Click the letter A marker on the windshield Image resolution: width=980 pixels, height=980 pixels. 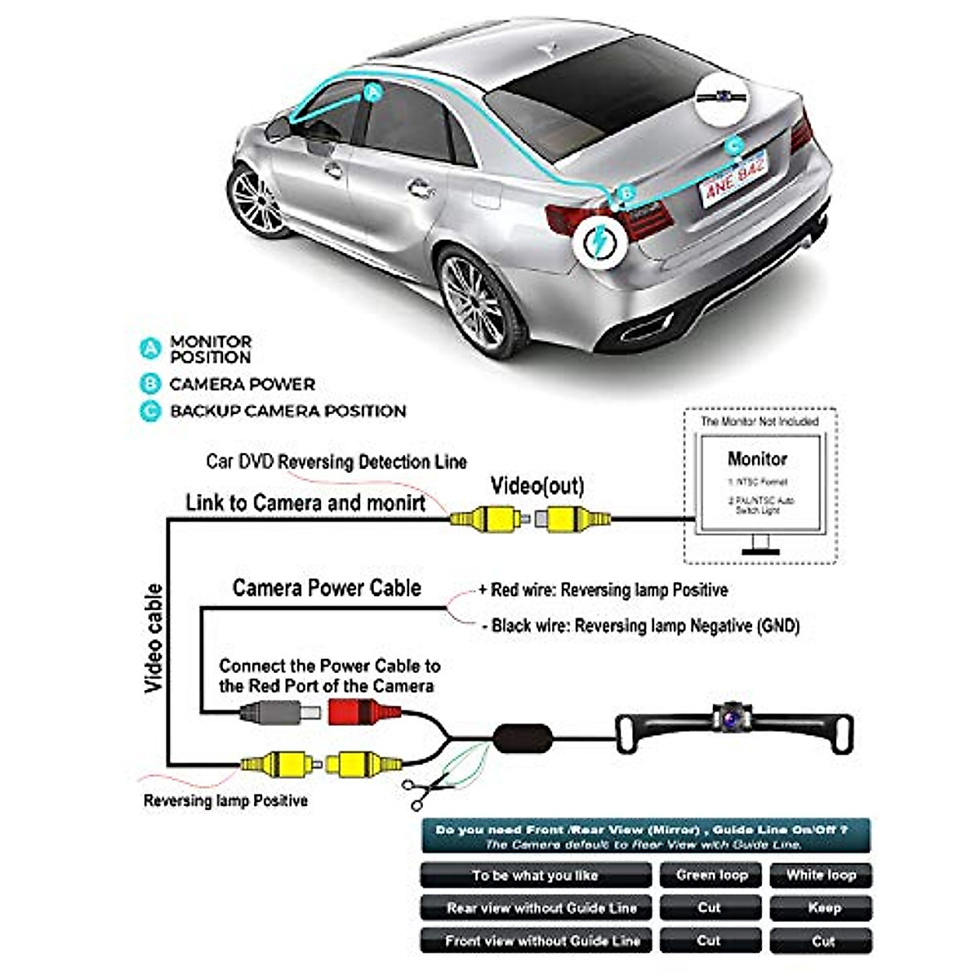point(372,92)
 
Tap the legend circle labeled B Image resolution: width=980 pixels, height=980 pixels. point(150,384)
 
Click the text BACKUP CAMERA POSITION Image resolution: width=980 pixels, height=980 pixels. point(287,411)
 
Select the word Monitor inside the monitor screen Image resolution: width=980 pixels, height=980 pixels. point(757,459)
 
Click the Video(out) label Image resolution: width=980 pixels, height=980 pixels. point(537,487)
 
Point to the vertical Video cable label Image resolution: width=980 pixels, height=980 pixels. point(154,639)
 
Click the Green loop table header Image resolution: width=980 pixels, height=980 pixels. point(711,875)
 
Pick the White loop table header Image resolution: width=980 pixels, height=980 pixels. point(821,875)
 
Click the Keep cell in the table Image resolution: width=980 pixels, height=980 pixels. point(823,907)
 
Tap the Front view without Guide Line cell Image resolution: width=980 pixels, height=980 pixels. point(542,940)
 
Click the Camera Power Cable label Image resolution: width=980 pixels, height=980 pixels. point(327,588)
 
